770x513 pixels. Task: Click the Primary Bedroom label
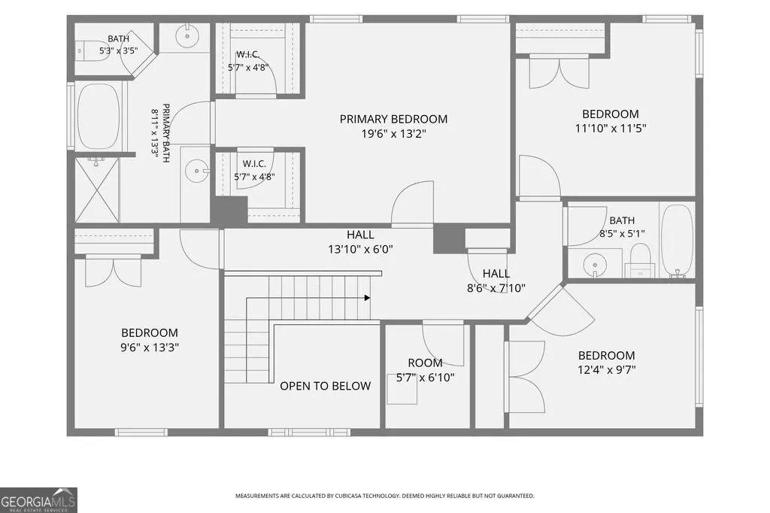[393, 119]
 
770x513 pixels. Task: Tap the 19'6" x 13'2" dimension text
[393, 134]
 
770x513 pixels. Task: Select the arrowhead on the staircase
[367, 298]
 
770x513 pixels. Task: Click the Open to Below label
[325, 386]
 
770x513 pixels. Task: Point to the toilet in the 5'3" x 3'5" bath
[92, 50]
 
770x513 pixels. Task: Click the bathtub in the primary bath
[99, 116]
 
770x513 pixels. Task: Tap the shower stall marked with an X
[97, 190]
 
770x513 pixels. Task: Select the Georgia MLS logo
[38, 499]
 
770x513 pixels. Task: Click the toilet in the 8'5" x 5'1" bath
[640, 261]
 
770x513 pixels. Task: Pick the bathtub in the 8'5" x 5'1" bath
[677, 241]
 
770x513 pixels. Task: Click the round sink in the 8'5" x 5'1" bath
[595, 265]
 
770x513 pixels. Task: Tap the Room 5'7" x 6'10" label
[426, 371]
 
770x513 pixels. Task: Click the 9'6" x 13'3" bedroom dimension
[150, 348]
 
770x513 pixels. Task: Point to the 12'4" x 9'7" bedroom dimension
[607, 370]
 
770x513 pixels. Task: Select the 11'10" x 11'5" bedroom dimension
[611, 129]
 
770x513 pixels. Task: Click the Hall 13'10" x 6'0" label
[360, 242]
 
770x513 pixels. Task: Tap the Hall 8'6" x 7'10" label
[496, 281]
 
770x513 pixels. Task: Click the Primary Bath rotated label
[161, 132]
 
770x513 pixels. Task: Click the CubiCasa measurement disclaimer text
[384, 496]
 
